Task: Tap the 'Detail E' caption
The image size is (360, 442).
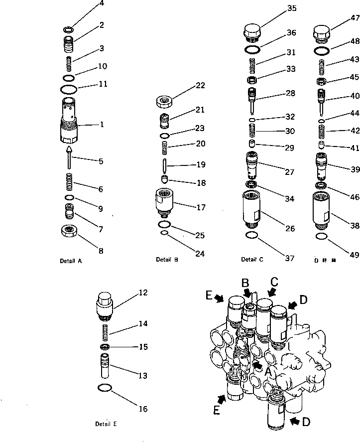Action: pos(106,424)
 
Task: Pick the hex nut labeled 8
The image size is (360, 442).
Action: pos(69,232)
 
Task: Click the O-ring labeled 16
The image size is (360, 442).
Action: pos(105,388)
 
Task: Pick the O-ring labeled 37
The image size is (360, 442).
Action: pos(253,235)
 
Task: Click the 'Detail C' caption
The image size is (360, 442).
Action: pos(252,259)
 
